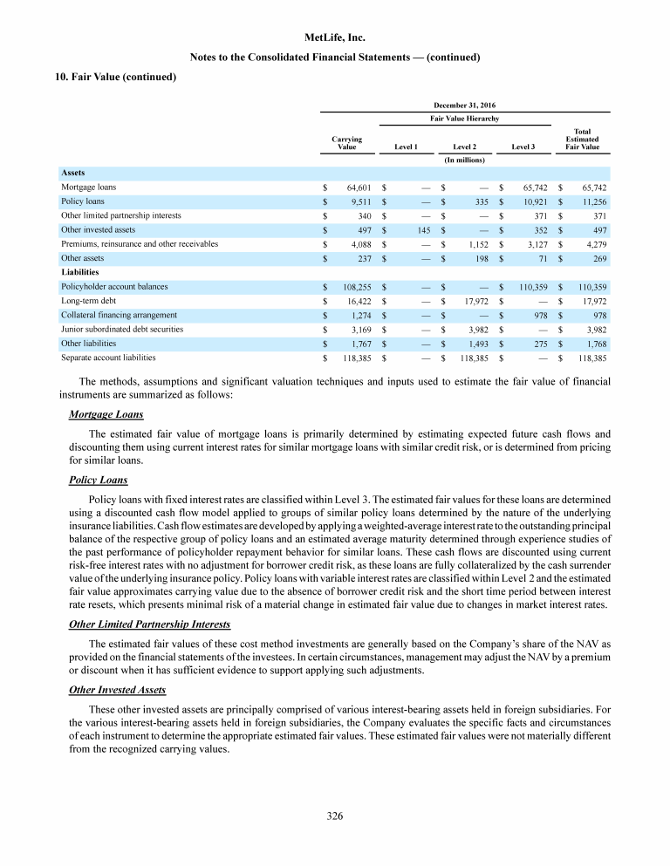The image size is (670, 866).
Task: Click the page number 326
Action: pos(335,815)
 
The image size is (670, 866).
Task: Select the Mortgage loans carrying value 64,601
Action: pos(359,188)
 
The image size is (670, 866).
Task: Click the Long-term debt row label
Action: pos(84,301)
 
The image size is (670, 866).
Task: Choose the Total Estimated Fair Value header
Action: pos(583,139)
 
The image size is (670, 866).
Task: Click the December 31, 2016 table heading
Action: pos(465,104)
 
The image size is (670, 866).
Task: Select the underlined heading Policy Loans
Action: pos(98,480)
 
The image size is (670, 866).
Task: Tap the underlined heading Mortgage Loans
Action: pos(106,413)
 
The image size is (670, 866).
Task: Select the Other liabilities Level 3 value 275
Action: pos(537,343)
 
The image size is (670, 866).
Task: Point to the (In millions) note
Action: pos(465,160)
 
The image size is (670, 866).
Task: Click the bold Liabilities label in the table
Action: pos(79,272)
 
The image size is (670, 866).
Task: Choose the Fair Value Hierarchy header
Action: pos(465,117)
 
